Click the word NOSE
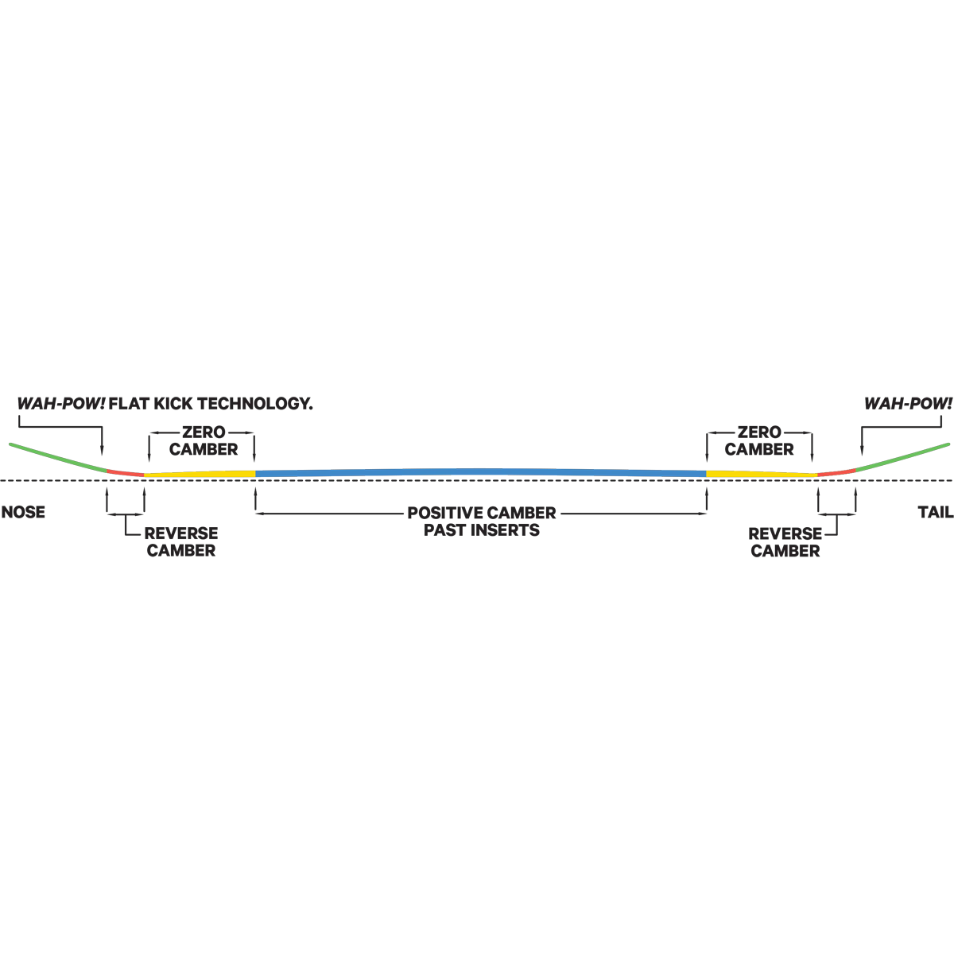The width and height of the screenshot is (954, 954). (x=23, y=512)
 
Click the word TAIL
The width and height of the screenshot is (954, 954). (x=935, y=512)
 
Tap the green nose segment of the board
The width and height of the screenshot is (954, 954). (x=58, y=457)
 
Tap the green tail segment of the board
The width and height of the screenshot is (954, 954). (x=903, y=457)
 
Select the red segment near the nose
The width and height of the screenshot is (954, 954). (x=126, y=473)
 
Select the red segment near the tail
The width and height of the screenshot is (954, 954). (x=836, y=473)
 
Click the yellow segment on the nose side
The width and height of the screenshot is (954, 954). (x=200, y=475)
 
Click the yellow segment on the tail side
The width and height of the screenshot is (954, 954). (x=762, y=475)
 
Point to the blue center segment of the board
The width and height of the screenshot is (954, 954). (x=481, y=473)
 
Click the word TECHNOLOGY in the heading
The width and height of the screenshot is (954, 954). (x=256, y=404)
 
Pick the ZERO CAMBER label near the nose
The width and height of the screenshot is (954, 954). (x=204, y=440)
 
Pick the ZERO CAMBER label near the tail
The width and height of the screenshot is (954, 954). (x=759, y=440)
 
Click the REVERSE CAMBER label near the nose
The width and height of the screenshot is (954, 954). (x=181, y=541)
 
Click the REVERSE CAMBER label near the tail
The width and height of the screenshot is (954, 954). (x=785, y=542)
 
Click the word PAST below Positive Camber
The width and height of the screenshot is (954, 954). (x=445, y=530)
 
